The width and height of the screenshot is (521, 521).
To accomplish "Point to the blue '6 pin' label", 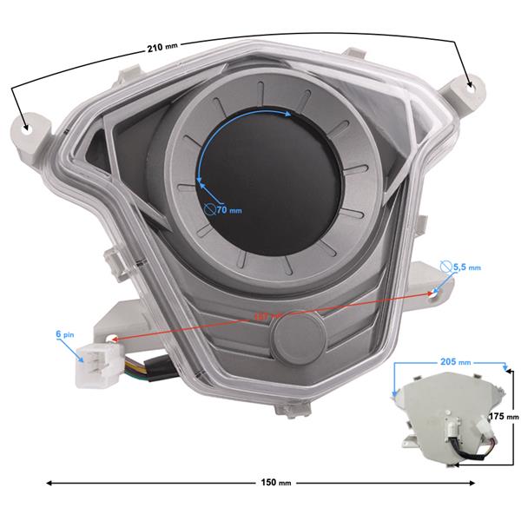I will click(65, 333).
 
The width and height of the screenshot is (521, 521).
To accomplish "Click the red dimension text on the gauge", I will click(260, 316).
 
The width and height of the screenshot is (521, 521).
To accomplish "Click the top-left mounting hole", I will click(27, 128).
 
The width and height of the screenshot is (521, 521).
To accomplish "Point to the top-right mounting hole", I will click(472, 85).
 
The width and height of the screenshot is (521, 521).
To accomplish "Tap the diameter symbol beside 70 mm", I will click(209, 208).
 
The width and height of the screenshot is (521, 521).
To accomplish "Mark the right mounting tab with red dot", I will click(429, 293).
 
